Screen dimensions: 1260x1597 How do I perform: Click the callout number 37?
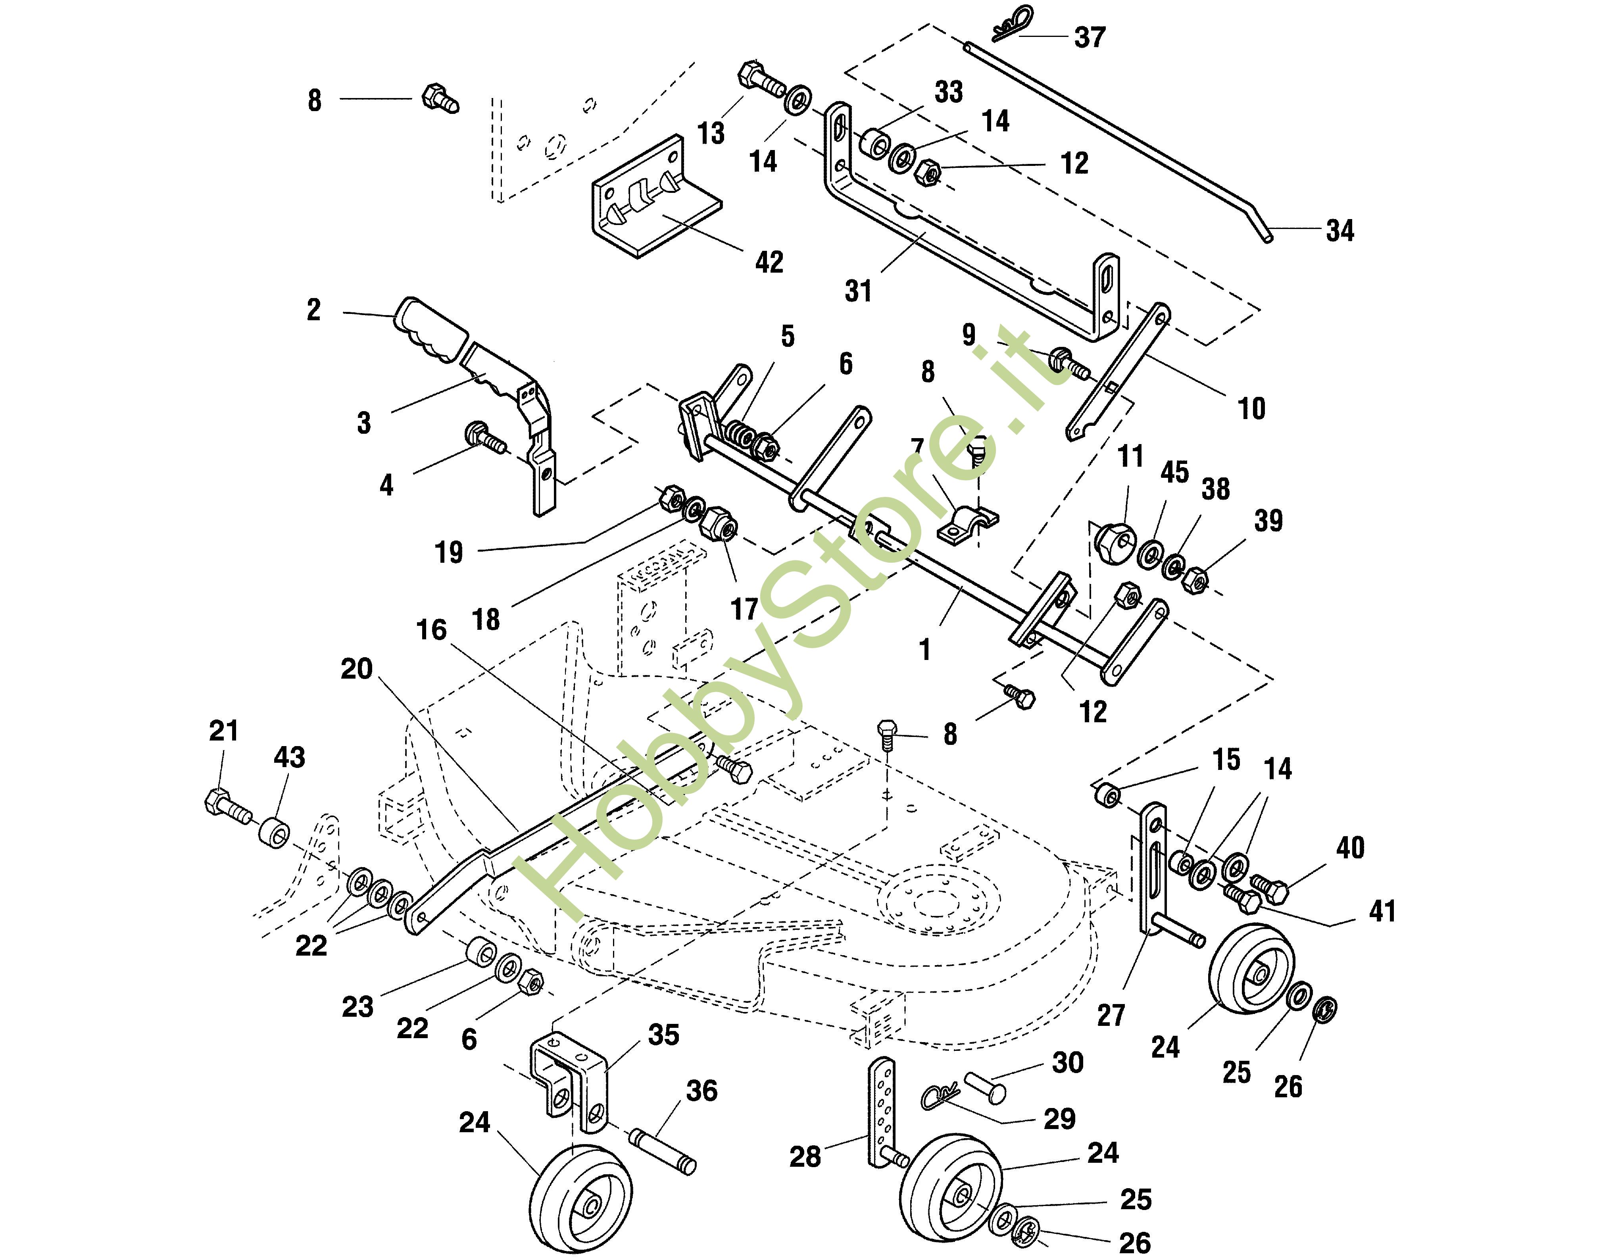coord(1090,37)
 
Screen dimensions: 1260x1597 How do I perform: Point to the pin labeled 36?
coord(662,1151)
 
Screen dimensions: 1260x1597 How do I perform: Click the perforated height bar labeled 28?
coord(882,1114)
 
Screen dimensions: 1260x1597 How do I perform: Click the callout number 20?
coord(356,669)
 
